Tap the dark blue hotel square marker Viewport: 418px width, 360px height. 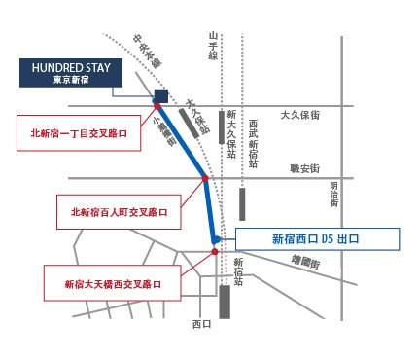pyautogui.click(x=161, y=95)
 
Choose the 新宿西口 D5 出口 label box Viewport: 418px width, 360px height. pyautogui.click(x=317, y=238)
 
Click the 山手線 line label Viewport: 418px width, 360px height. pyautogui.click(x=215, y=43)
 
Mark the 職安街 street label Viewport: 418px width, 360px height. pyautogui.click(x=304, y=168)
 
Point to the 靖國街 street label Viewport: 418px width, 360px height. pyautogui.click(x=307, y=260)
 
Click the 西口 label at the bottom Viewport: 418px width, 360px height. pyautogui.click(x=201, y=324)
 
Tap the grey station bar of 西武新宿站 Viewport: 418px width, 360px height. pyautogui.click(x=242, y=202)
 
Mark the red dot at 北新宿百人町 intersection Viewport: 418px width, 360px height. pyautogui.click(x=205, y=178)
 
